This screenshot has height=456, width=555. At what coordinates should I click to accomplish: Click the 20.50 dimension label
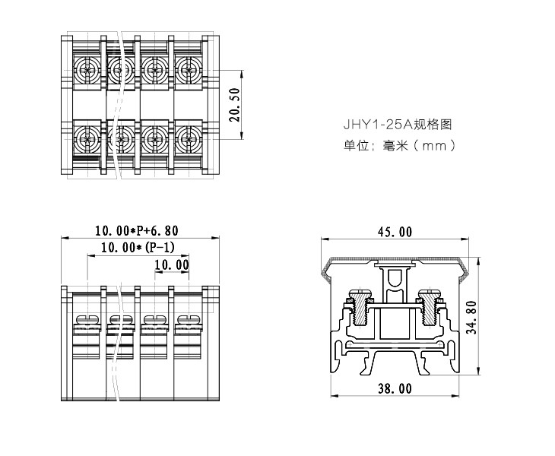click(x=235, y=105)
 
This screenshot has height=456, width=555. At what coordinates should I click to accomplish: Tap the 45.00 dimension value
click(x=394, y=232)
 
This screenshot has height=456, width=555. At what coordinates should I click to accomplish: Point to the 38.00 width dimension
click(x=394, y=388)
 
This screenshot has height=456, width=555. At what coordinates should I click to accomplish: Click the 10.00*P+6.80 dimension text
click(x=135, y=230)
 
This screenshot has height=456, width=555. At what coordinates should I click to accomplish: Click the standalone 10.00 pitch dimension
click(x=171, y=264)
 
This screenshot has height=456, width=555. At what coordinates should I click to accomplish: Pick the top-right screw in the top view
click(x=188, y=71)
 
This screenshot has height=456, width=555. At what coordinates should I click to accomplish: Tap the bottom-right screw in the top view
click(x=188, y=139)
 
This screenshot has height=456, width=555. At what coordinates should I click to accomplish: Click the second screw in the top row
click(x=119, y=71)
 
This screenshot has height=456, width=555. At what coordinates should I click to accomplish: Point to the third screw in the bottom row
click(x=154, y=139)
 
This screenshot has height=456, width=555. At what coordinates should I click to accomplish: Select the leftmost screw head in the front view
click(x=85, y=319)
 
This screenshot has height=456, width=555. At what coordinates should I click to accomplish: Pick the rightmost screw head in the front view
click(x=187, y=319)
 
